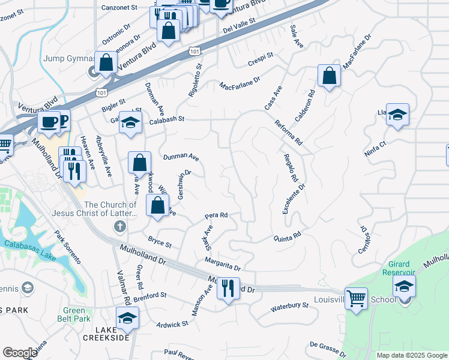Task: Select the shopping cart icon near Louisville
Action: [x=356, y=298]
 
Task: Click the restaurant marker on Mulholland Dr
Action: [x=228, y=289]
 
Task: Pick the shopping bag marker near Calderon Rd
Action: [x=329, y=76]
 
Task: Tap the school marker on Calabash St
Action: [x=130, y=123]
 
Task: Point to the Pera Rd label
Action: [x=216, y=215]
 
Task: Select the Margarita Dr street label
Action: [x=222, y=263]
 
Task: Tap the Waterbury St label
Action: [x=289, y=308]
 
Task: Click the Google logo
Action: [x=20, y=353]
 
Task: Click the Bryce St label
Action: [x=160, y=241]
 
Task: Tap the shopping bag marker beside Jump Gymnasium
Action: [x=106, y=62]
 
